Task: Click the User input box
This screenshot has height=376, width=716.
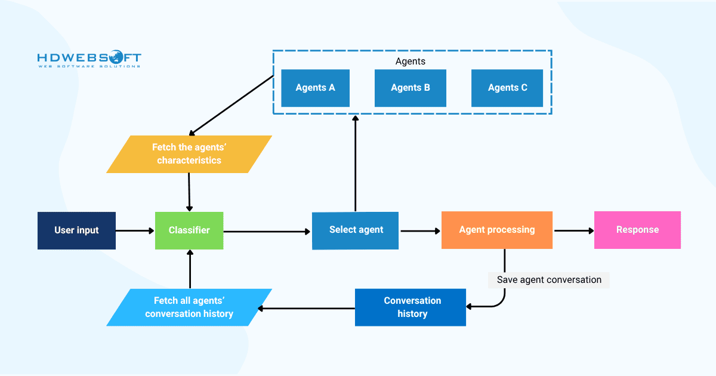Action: tap(76, 230)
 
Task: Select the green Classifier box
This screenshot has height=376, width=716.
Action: tap(189, 230)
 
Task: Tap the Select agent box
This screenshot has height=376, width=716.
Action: tap(356, 230)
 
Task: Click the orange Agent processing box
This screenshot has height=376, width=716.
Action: tap(496, 230)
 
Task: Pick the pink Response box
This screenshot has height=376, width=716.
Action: tap(637, 230)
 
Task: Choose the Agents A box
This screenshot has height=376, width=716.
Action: tap(315, 88)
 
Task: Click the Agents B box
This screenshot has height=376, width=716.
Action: tap(410, 88)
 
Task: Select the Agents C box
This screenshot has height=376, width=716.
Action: tap(507, 88)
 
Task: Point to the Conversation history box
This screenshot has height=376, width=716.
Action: tap(411, 307)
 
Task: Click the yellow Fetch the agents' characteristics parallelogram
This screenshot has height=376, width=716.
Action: tap(189, 155)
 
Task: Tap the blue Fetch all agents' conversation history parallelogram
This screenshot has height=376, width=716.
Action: tap(189, 307)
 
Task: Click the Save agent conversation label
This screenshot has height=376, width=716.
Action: tap(549, 280)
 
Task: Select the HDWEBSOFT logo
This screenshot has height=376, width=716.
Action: tap(89, 60)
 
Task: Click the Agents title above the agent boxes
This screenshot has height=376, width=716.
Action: tap(411, 61)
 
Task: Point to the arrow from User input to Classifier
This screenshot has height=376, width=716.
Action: tap(135, 230)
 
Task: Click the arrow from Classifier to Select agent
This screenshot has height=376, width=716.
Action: tap(267, 231)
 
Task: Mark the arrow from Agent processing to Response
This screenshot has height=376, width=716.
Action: tap(573, 230)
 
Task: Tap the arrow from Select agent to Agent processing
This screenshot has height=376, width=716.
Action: tap(419, 230)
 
